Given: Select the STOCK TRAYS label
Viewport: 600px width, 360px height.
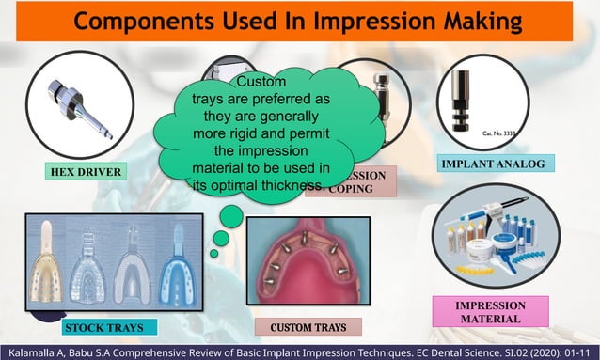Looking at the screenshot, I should (103, 327).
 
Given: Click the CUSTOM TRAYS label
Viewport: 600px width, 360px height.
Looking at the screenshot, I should (308, 327).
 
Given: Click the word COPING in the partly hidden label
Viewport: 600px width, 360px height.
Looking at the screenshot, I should (351, 188).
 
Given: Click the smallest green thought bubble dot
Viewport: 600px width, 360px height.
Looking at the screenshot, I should (214, 253).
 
